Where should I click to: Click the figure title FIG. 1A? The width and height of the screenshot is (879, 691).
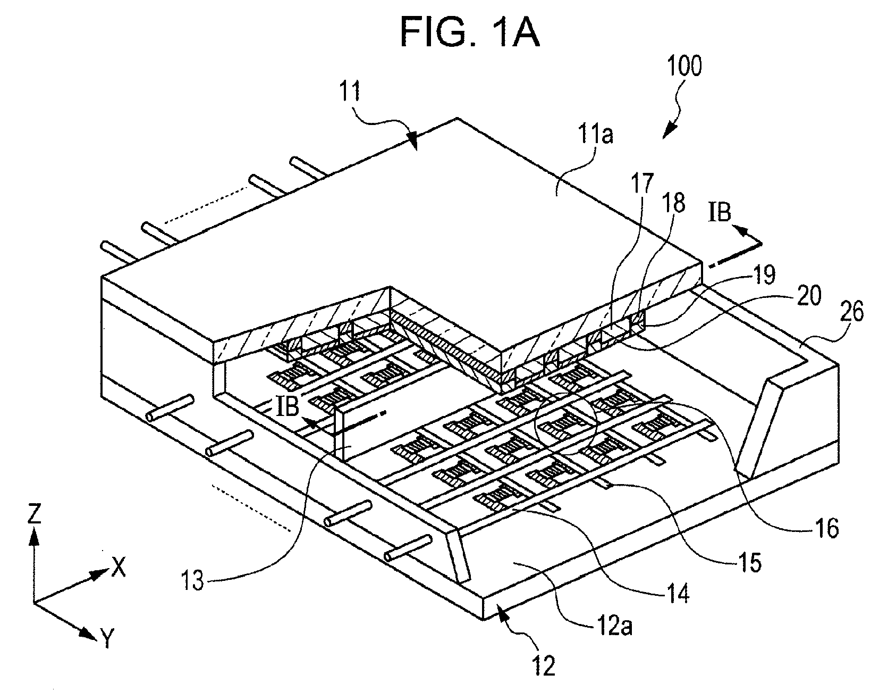click(469, 33)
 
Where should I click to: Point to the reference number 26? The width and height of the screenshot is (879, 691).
click(851, 311)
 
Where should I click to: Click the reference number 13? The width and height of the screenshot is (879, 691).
click(192, 581)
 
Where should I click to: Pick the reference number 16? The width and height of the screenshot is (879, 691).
click(826, 528)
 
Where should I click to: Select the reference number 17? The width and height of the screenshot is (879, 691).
click(644, 184)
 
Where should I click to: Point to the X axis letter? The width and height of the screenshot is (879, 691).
click(119, 567)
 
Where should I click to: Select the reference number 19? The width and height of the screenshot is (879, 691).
click(764, 274)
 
